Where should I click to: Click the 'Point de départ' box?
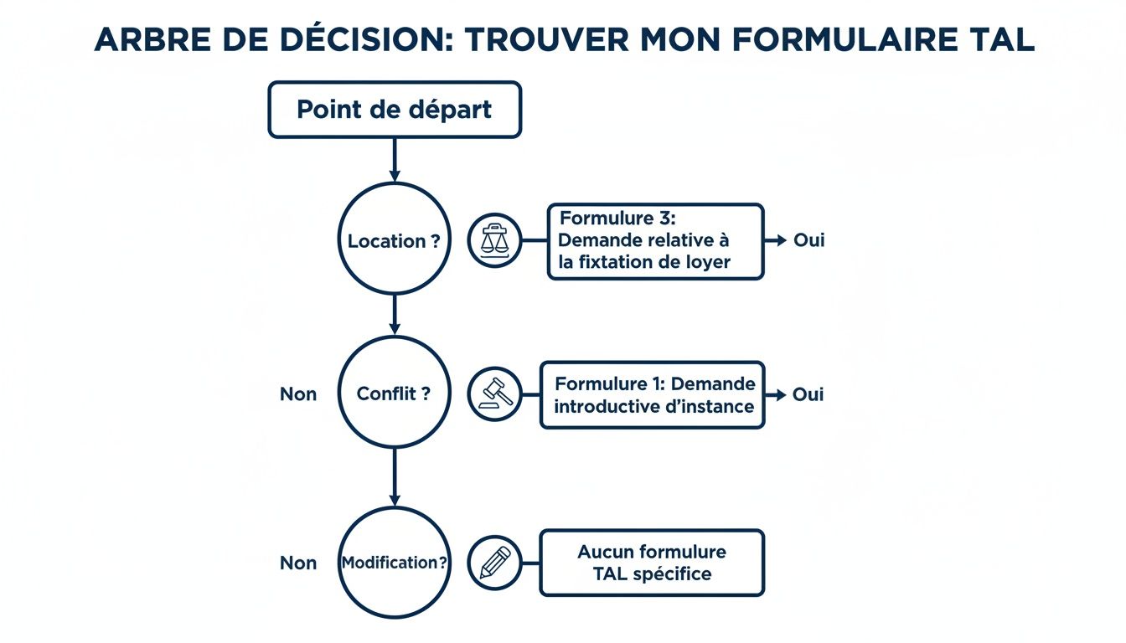pos(395,110)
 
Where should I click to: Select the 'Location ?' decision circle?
pos(394,240)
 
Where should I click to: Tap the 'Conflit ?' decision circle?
pos(394,394)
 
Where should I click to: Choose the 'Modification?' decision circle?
pos(394,563)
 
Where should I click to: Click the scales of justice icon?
pos(494,240)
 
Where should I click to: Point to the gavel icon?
pos(494,394)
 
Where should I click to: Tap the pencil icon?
pos(494,563)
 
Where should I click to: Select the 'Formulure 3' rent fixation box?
pos(654,241)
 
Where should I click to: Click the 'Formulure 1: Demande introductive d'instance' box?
pos(653,395)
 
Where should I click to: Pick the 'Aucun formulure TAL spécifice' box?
pos(652,563)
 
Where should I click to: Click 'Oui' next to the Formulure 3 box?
pos(808,240)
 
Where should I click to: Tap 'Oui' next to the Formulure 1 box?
pos(808,394)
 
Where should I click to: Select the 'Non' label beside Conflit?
pos(298,394)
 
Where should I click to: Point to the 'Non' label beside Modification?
pos(298,563)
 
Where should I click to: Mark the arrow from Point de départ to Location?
pos(395,159)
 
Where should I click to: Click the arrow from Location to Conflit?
pos(395,315)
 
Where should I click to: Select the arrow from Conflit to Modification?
pos(395,477)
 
